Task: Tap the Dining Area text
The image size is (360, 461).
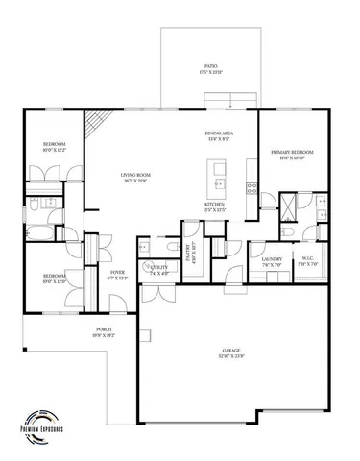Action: (219, 135)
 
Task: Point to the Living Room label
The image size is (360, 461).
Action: (133, 178)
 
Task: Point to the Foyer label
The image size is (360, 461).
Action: (117, 275)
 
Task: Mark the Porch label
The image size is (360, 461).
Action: (104, 332)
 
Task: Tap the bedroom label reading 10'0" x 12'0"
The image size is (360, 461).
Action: (53, 279)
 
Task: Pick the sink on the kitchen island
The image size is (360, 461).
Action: (219, 182)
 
